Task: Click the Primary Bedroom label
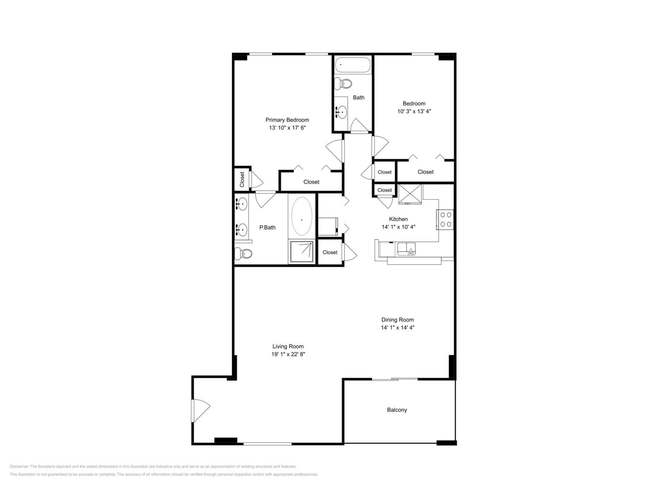[x=287, y=120]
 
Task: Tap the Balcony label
[x=397, y=410]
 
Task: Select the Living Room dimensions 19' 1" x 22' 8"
[x=288, y=354]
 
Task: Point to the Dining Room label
[x=397, y=320]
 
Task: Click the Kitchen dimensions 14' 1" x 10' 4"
[x=398, y=227]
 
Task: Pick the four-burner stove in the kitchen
[x=445, y=219]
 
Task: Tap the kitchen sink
[x=406, y=249]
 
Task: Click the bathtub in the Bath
[x=353, y=65]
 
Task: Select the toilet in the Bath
[x=343, y=84]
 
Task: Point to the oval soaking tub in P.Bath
[x=302, y=216]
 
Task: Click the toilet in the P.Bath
[x=243, y=253]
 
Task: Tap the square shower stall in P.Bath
[x=302, y=252]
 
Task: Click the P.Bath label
[x=267, y=227]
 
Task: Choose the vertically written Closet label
[x=242, y=179]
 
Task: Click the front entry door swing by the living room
[x=200, y=411]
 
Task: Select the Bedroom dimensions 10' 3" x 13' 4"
[x=414, y=111]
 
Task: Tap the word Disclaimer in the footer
[x=19, y=466]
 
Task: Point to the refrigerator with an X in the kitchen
[x=410, y=194]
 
